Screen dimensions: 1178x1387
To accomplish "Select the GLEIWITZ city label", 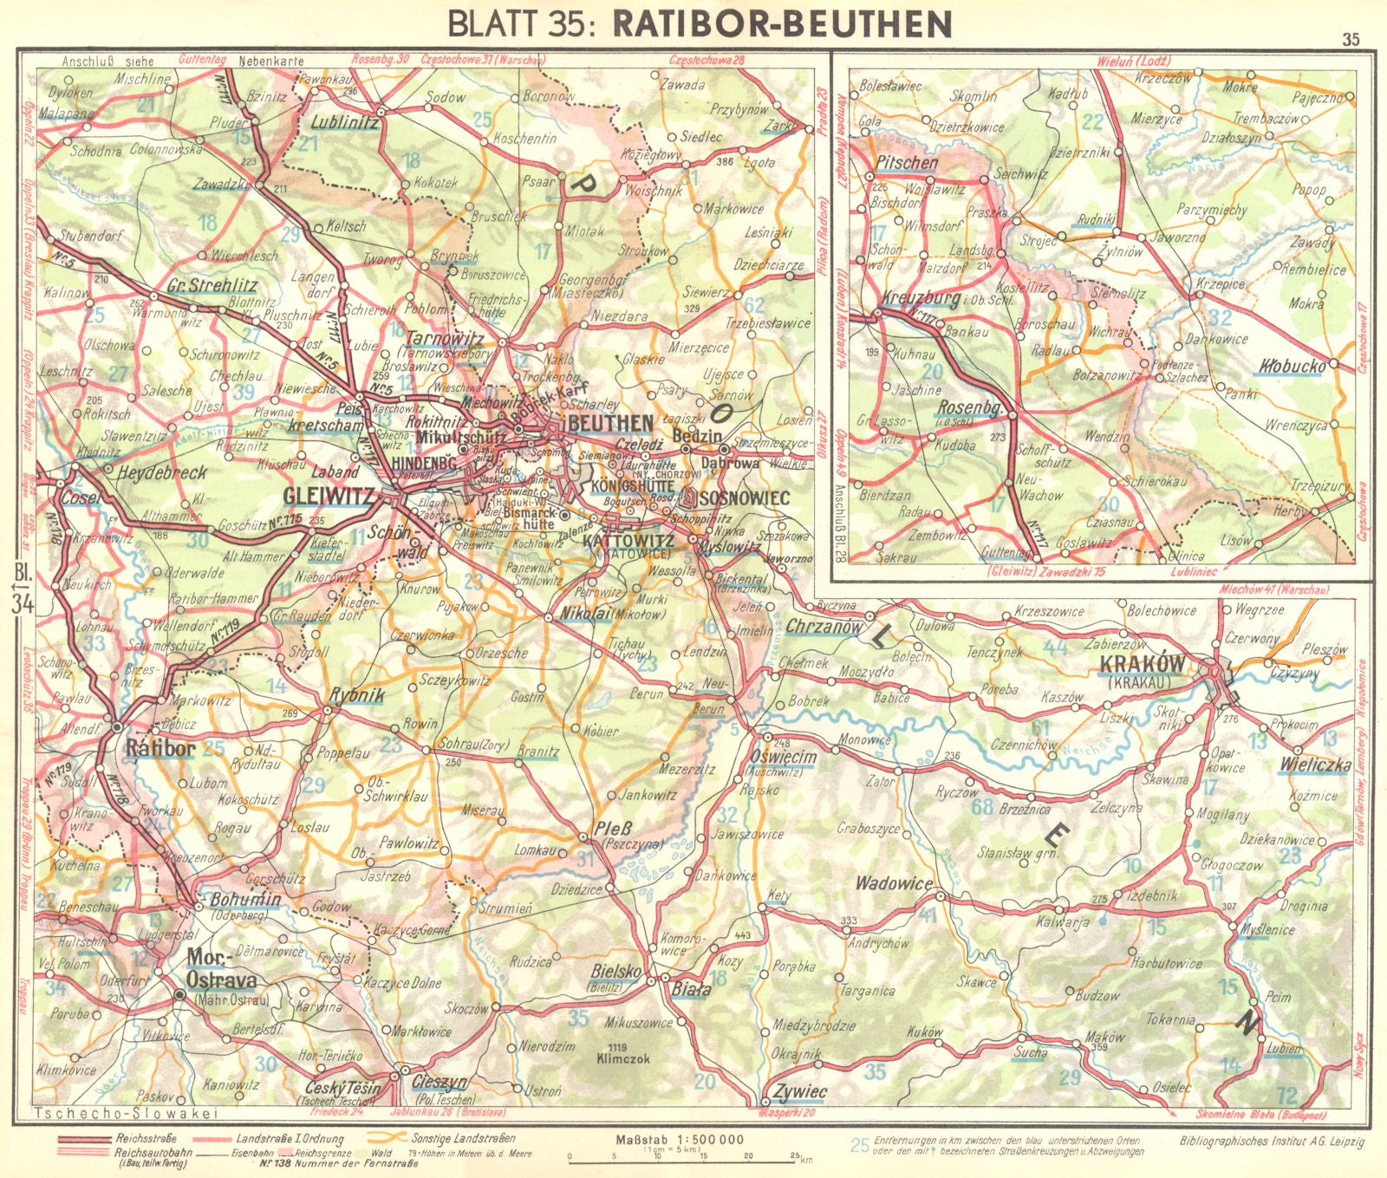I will point(329,497).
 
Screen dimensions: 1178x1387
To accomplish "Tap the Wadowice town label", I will point(894,884).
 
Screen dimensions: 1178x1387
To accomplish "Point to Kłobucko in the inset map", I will point(1291,366).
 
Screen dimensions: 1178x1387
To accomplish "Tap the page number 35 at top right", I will point(1350,39).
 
